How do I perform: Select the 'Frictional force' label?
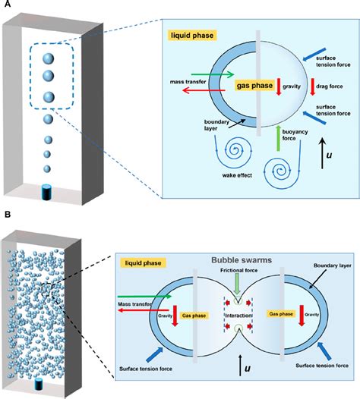pyautogui.click(x=236, y=271)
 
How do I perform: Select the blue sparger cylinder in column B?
pyautogui.click(x=38, y=385)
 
